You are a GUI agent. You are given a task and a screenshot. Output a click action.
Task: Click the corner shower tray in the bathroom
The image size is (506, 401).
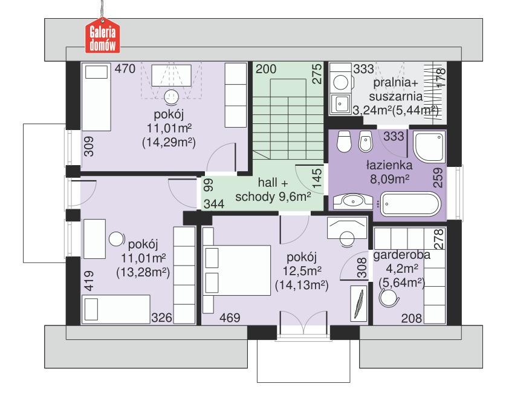click(427, 145)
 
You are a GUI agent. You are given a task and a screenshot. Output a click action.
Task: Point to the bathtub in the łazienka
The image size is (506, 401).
click(410, 204)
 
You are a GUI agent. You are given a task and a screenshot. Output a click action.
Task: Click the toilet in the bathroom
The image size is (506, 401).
click(343, 142)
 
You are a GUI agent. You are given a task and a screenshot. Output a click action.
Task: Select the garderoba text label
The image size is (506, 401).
click(402, 255)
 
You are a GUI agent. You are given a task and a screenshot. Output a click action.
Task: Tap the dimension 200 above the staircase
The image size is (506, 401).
click(265, 70)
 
